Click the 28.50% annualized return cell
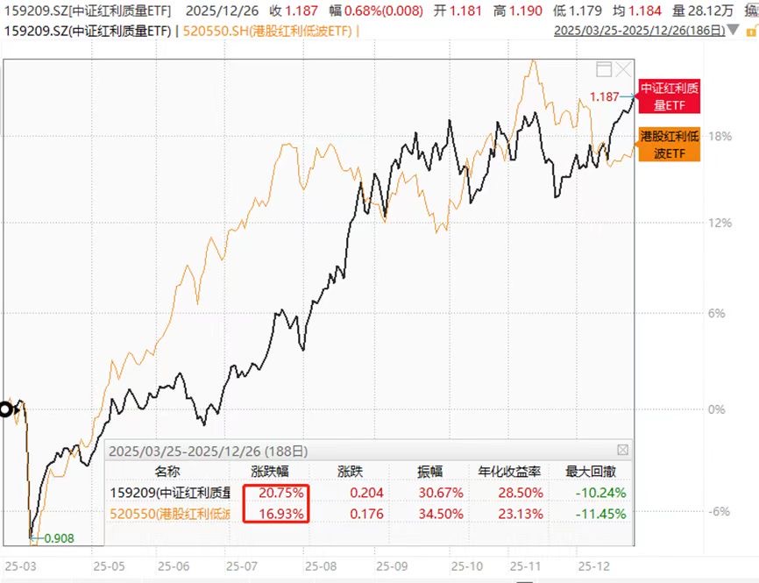coord(521,492)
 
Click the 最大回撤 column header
coord(594,471)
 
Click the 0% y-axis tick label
coord(716,409)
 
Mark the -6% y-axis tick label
coord(718,512)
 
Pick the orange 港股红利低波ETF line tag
coord(670,145)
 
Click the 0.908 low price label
coord(58,537)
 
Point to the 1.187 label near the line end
coord(605,96)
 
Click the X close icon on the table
coord(623,450)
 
